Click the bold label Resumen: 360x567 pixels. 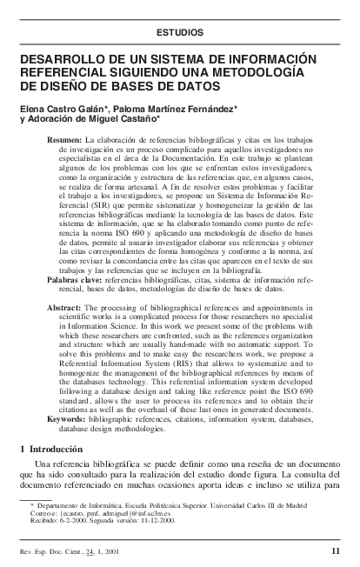coord(64,140)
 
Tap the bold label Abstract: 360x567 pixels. coord(65,309)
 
